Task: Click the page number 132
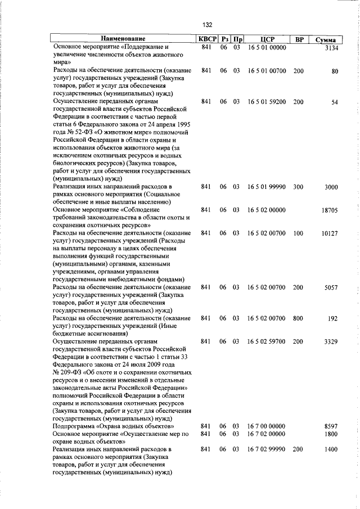click(x=208, y=25)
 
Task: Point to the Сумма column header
click(x=326, y=40)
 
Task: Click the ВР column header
click(x=299, y=39)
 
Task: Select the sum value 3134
click(x=328, y=48)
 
